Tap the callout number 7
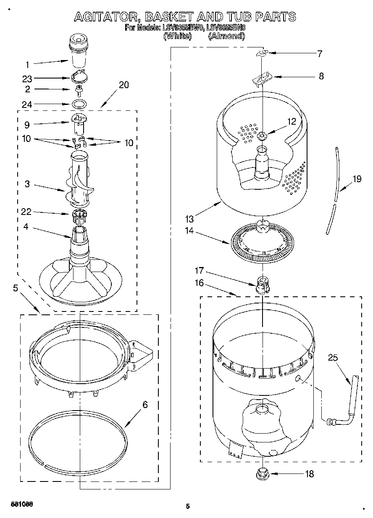click(x=320, y=54)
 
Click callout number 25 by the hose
click(x=333, y=358)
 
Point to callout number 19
click(x=357, y=179)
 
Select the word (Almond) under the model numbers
click(x=226, y=36)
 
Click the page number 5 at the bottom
click(x=188, y=506)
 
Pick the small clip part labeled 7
click(x=262, y=52)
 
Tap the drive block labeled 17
click(x=262, y=285)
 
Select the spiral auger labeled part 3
click(x=79, y=181)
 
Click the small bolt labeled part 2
click(x=78, y=89)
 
